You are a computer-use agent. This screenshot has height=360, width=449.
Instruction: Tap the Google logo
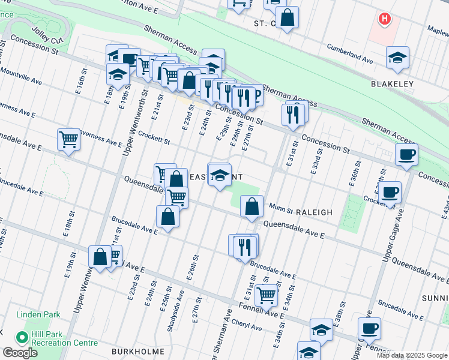[x=20, y=353]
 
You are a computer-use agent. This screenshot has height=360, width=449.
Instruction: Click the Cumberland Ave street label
[x=349, y=52]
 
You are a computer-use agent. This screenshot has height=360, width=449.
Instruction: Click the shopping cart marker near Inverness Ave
[x=69, y=139]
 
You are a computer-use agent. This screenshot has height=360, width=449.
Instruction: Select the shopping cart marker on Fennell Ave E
[x=266, y=295]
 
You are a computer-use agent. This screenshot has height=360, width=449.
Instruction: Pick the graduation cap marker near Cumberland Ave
[x=397, y=57]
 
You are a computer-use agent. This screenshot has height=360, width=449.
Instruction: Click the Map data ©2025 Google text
[x=412, y=355]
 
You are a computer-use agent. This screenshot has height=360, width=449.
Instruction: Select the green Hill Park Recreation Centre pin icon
[x=23, y=338]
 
